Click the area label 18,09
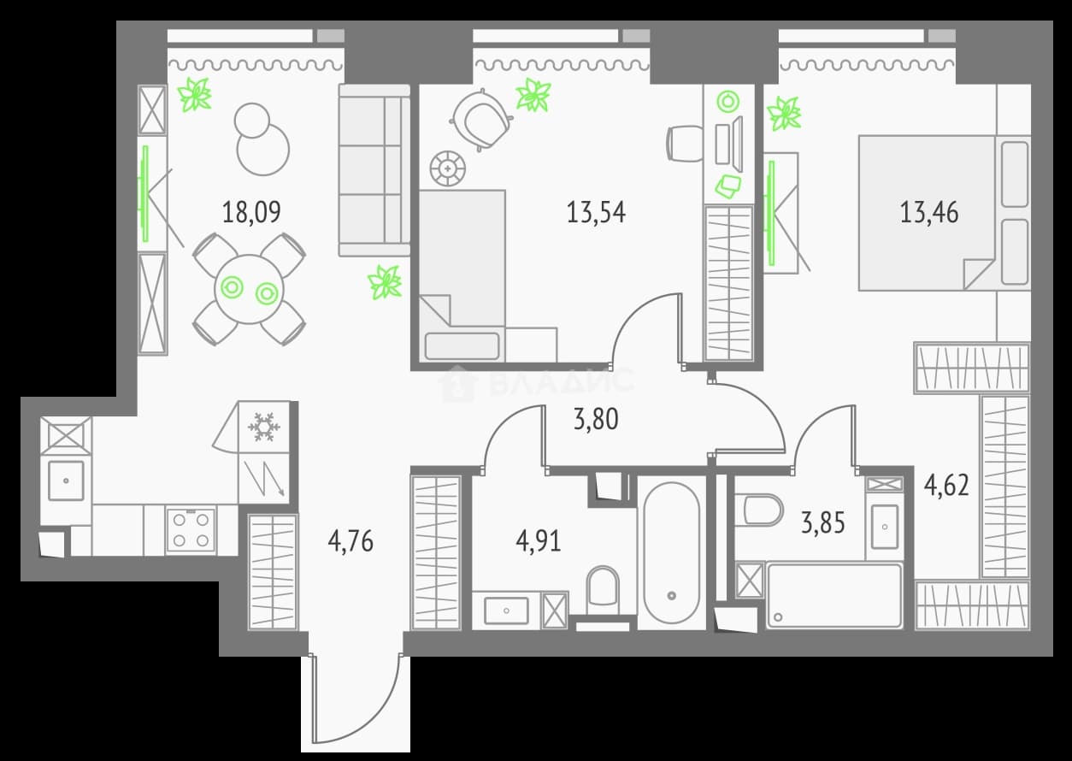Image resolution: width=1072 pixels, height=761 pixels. pyautogui.click(x=251, y=213)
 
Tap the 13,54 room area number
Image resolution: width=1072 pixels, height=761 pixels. pyautogui.click(x=596, y=213)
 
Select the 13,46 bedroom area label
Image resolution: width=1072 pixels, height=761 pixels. pyautogui.click(x=929, y=213)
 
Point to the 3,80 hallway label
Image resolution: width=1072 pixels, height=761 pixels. pyautogui.click(x=596, y=419)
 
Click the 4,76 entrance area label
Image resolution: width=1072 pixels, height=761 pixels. pyautogui.click(x=350, y=542)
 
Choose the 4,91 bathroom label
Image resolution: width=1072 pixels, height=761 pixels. pyautogui.click(x=539, y=542)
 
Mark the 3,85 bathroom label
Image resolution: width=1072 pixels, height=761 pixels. pyautogui.click(x=823, y=522)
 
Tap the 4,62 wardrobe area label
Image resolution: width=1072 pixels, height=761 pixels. pyautogui.click(x=946, y=486)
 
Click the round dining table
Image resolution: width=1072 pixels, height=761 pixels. pyautogui.click(x=249, y=290)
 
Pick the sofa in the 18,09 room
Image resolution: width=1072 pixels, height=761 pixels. pyautogui.click(x=374, y=170)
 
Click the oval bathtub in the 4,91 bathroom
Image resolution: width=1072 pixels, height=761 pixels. pyautogui.click(x=672, y=554)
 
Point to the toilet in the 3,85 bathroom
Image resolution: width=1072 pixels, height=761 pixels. pyautogui.click(x=758, y=510)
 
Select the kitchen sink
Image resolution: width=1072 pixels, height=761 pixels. pyautogui.click(x=66, y=481)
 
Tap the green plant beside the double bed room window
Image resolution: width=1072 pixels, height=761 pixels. pyautogui.click(x=784, y=114)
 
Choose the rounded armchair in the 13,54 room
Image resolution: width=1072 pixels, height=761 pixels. pyautogui.click(x=481, y=120)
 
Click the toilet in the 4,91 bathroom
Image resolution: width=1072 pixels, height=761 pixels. pyautogui.click(x=603, y=590)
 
